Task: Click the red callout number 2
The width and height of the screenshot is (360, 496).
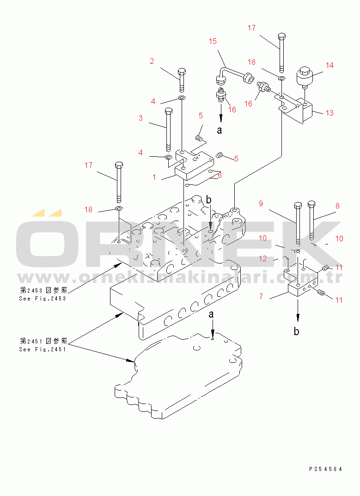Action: (151, 61)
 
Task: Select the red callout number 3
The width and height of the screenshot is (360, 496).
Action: (140, 118)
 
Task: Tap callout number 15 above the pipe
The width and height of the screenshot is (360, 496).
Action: (213, 42)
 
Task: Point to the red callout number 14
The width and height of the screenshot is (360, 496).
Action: (329, 65)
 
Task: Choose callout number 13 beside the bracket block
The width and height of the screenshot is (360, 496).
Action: (329, 113)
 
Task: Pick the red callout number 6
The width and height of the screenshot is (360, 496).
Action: (220, 176)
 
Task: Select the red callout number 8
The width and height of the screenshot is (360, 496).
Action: (337, 206)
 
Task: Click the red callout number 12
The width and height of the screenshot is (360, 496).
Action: (262, 259)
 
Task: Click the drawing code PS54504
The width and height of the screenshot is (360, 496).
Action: (326, 469)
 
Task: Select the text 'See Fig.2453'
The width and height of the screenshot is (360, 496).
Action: (43, 299)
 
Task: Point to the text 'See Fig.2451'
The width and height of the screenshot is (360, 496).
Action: (43, 349)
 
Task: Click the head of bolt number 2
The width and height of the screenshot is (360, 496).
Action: (182, 73)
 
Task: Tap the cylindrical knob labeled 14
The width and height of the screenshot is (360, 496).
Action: (305, 76)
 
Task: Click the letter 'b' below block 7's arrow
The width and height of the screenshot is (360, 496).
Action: (297, 331)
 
